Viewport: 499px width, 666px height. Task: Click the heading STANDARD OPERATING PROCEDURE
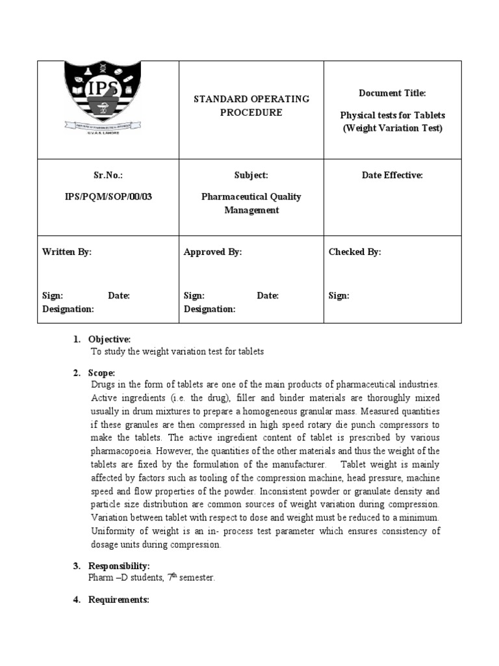coord(251,105)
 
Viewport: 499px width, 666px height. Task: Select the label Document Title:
coord(392,94)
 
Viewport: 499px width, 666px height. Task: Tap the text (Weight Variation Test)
coord(392,128)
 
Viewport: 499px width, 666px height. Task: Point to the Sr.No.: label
coord(108,176)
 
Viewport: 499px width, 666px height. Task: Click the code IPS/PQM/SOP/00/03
coord(108,196)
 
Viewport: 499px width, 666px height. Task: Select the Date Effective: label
coord(392,176)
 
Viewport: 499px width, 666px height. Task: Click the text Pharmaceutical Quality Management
coord(251,203)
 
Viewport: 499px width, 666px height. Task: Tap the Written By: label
coord(67,252)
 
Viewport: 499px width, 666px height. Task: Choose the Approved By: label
coord(212,252)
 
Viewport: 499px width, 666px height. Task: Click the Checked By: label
coord(355,252)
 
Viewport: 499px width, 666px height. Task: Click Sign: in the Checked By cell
coord(339,296)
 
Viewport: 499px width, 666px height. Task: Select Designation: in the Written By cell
coord(68,310)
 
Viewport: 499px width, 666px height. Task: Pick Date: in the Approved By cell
coord(268,296)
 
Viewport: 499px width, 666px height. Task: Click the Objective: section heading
coord(109,340)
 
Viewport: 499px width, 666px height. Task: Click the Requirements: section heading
coord(119,600)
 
